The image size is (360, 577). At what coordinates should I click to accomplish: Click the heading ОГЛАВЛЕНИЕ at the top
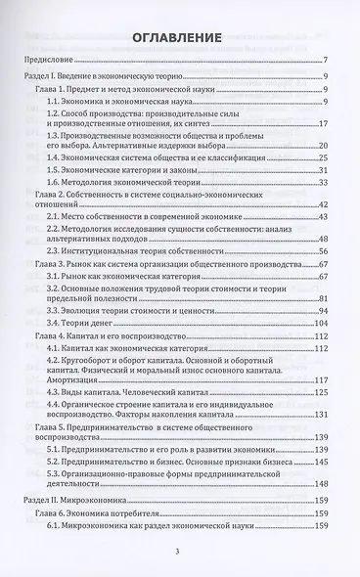click(x=180, y=38)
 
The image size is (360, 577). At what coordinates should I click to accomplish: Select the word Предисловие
click(x=47, y=72)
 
